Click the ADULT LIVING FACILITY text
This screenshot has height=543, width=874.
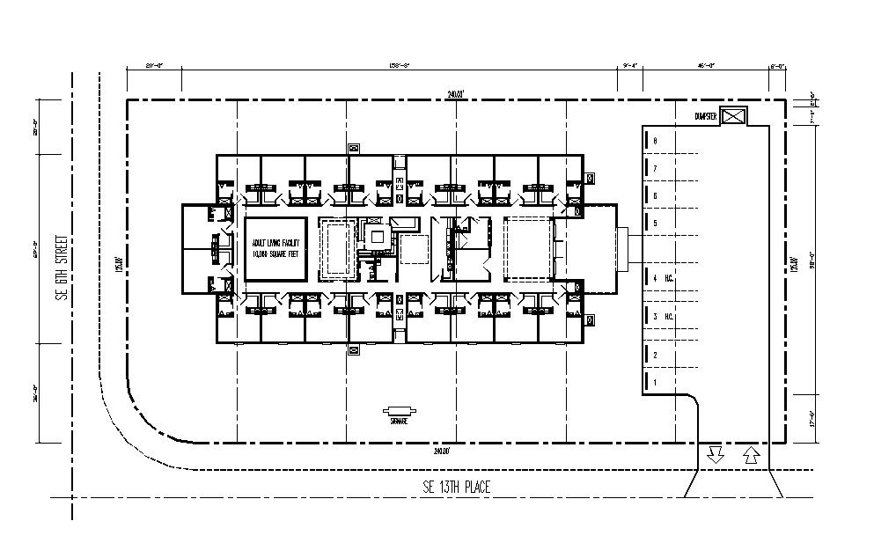[x=275, y=242]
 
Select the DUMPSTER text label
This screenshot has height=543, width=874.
[x=706, y=116]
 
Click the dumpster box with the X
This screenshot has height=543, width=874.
[x=733, y=115]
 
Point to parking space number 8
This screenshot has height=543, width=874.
[x=655, y=141]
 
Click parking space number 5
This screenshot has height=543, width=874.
[x=655, y=224]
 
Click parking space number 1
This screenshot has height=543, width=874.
[x=655, y=382]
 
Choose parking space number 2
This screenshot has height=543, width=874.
[x=655, y=355]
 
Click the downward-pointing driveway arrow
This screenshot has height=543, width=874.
[x=715, y=455]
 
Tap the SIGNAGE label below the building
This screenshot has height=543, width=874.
[x=400, y=422]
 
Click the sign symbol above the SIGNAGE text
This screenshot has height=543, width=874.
[x=400, y=411]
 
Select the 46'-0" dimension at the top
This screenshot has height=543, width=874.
[x=704, y=65]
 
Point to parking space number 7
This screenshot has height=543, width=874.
[x=655, y=167]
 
